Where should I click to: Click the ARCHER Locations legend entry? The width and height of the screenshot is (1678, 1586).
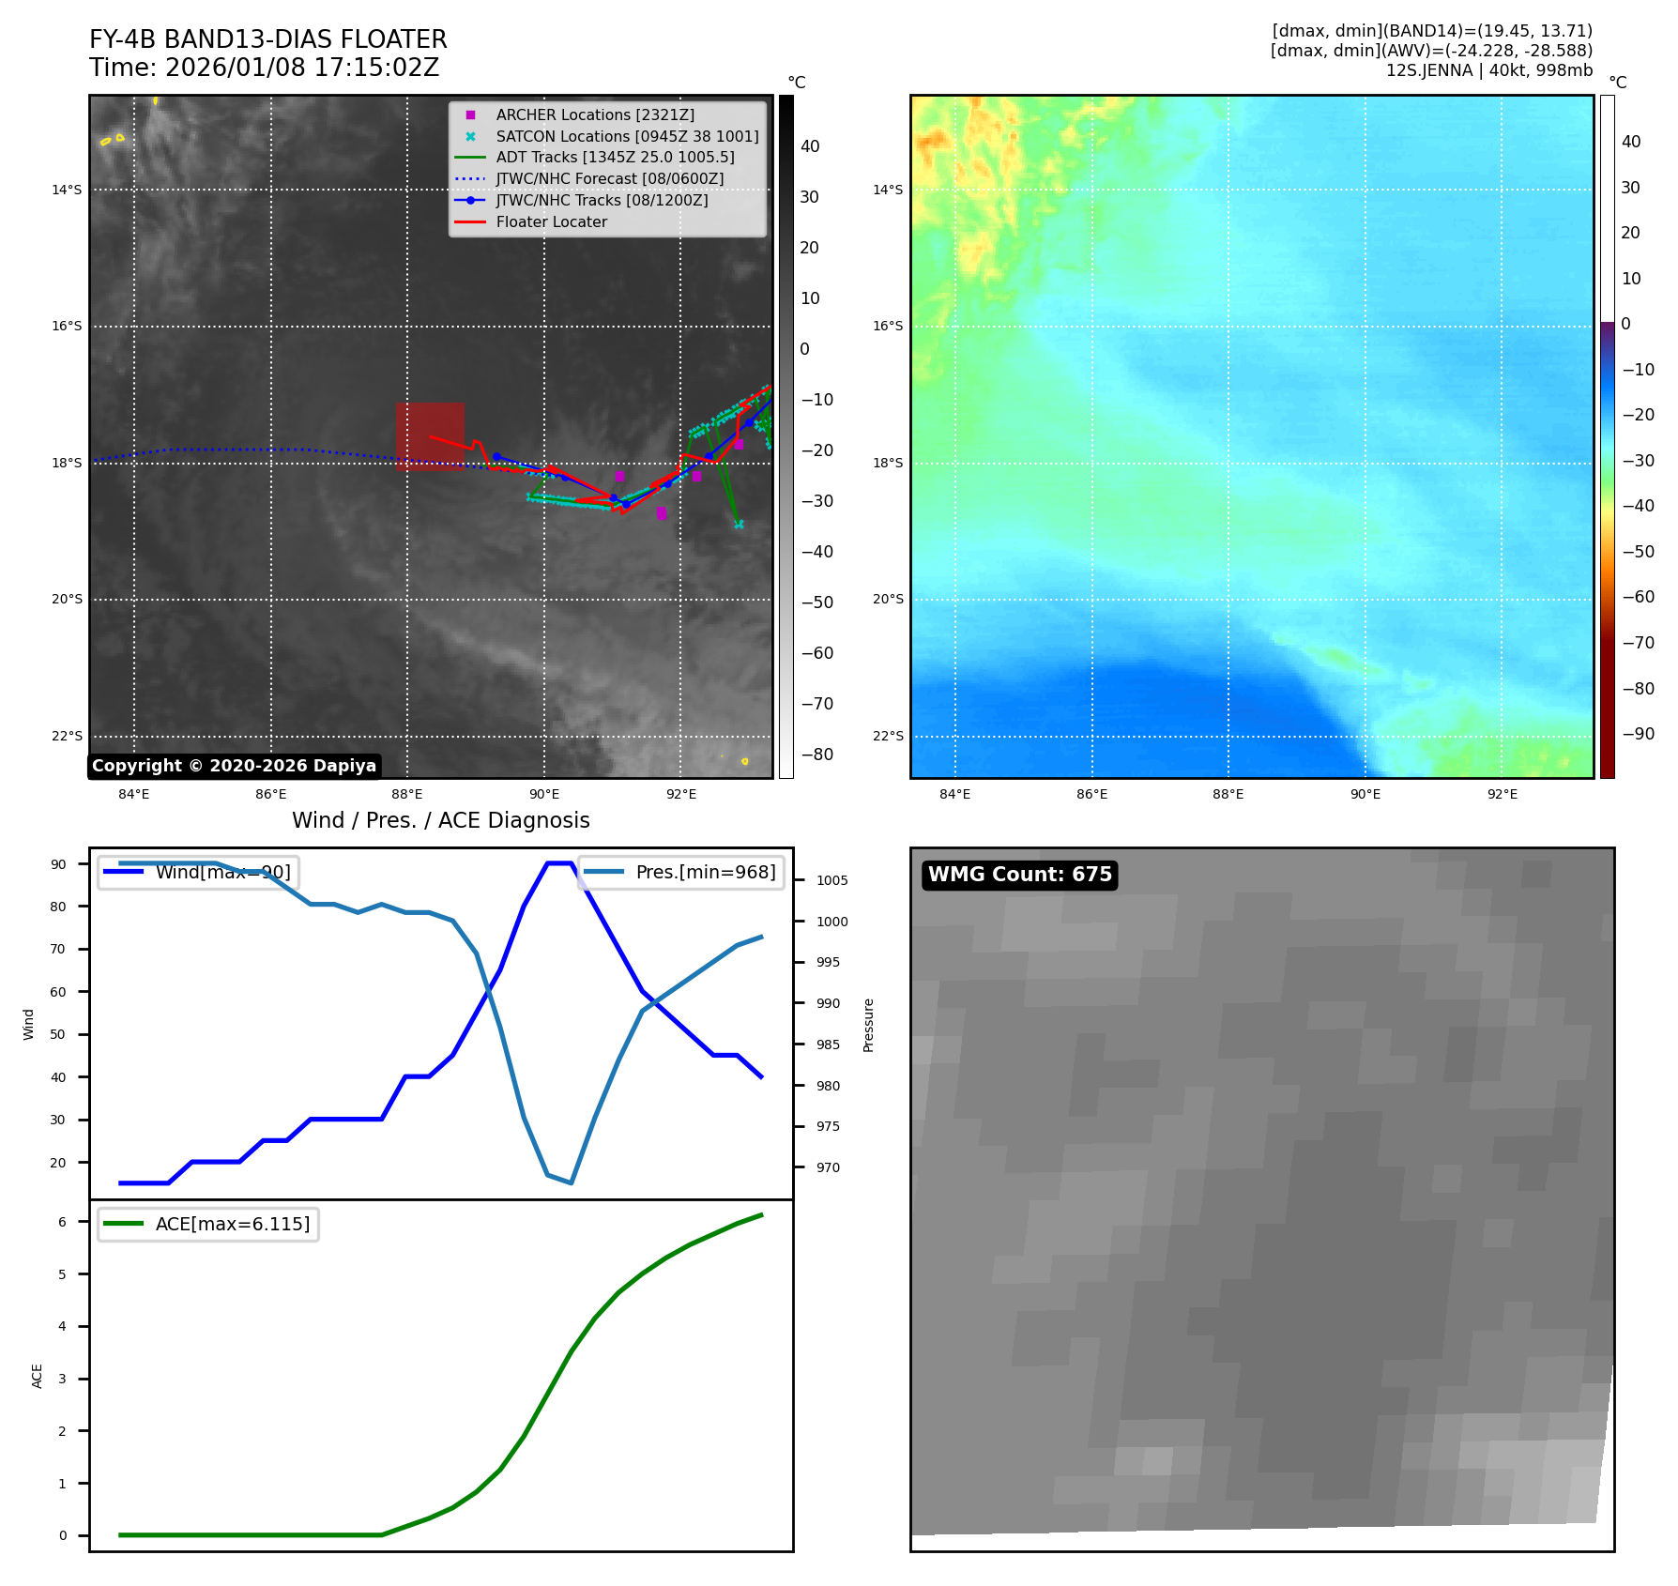coord(595,114)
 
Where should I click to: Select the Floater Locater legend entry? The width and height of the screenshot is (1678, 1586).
coord(551,221)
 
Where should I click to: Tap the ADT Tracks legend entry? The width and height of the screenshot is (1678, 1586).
coord(615,158)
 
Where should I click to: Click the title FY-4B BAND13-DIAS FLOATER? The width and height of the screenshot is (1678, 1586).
coord(267,39)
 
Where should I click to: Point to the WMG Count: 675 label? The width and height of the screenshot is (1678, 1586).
coord(1019,875)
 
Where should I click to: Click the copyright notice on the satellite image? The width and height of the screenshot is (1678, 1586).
coord(234,766)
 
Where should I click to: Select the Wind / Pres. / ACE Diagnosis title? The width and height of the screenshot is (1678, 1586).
coord(440,820)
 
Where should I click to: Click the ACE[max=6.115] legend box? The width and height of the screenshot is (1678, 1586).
coord(208,1224)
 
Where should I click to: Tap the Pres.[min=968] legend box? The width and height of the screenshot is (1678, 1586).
coord(681,872)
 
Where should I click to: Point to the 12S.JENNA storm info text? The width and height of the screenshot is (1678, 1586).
coord(1488,70)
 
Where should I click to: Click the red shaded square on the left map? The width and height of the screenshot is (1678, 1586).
coord(430,435)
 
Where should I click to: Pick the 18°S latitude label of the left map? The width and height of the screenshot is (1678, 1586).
coord(67,463)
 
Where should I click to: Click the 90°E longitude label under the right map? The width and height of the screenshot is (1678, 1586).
coord(1365,794)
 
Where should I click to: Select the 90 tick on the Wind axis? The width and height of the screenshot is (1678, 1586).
coord(58,864)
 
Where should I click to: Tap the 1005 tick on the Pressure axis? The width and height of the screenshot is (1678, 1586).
coord(831,880)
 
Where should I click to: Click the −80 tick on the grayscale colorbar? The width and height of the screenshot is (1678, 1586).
coord(816,755)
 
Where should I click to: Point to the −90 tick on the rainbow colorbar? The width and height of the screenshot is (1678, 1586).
coord(1638,734)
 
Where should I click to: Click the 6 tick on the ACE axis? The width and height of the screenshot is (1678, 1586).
coord(63,1222)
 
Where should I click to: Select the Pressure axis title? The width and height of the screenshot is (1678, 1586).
coord(868,1025)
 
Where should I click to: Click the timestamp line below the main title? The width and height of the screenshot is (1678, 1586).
coord(264,68)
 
